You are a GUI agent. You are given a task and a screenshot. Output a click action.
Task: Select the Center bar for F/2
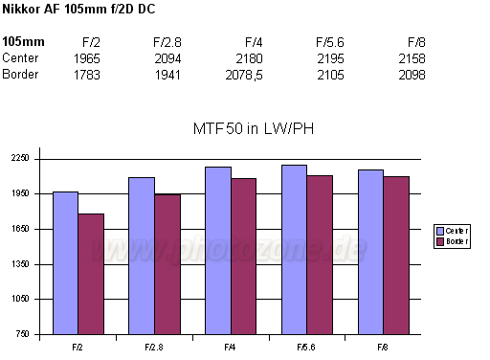click(65, 262)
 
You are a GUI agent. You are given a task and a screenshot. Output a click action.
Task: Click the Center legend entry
click(453, 231)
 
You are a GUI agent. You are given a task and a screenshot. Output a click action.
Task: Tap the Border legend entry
click(453, 241)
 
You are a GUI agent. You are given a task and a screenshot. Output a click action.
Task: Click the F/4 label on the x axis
click(231, 346)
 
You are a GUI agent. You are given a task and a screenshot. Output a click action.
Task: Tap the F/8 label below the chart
click(383, 346)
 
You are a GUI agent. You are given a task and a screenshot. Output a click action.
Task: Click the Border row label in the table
click(20, 75)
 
